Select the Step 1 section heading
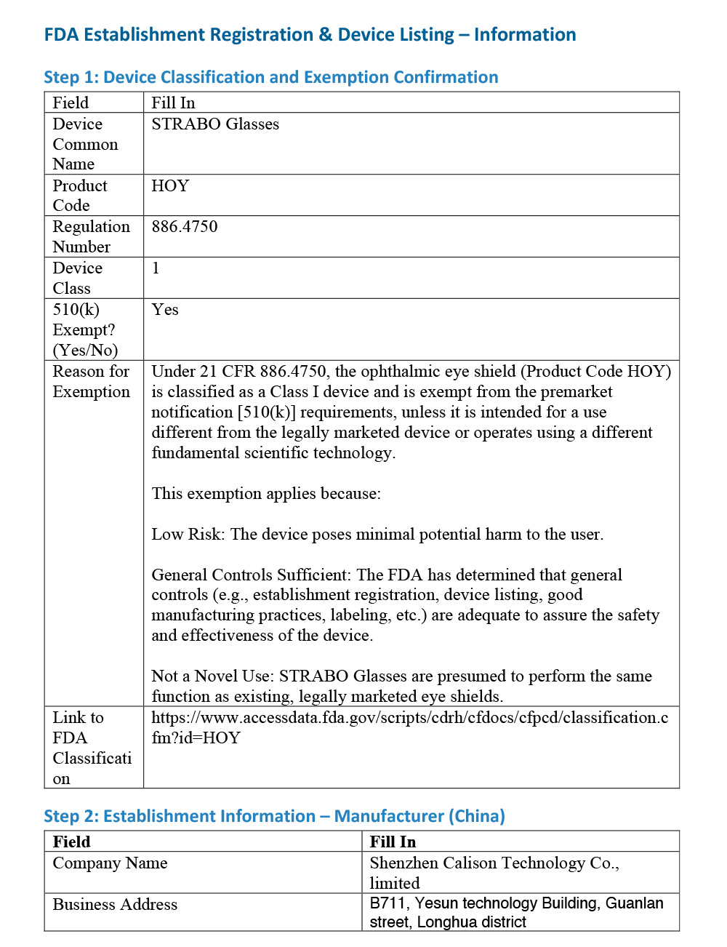coord(270,77)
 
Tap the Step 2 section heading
coord(274,816)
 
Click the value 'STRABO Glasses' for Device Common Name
coord(215,124)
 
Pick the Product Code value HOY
coord(170,186)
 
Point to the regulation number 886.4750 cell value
coord(185,227)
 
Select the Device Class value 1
coord(156,268)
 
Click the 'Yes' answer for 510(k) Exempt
coord(165,310)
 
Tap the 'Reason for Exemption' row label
coord(91,381)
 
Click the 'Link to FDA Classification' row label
coord(92,748)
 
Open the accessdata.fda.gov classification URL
coord(409,727)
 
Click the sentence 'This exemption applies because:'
coord(266,494)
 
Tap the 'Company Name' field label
coord(110,863)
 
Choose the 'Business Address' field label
coord(115,905)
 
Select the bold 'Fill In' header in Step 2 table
coord(393,842)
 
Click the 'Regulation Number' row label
coord(91,236)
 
